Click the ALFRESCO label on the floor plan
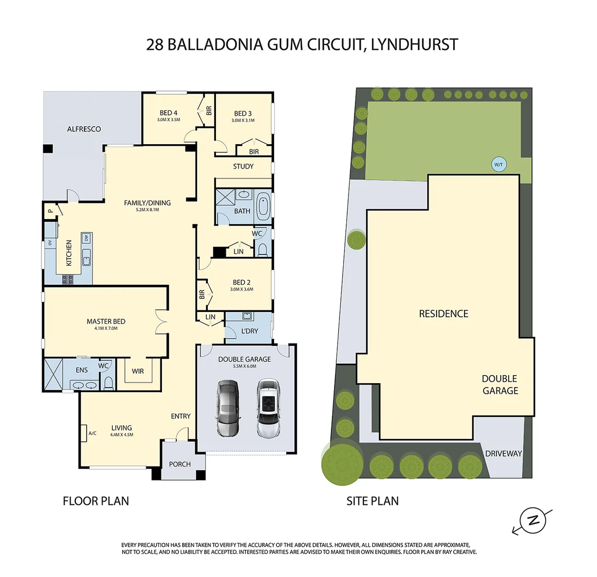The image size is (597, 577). pyautogui.click(x=84, y=129)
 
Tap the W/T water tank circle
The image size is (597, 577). pyautogui.click(x=498, y=165)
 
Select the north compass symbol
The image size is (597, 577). pyautogui.click(x=533, y=521)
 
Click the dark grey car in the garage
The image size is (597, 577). pyautogui.click(x=228, y=408)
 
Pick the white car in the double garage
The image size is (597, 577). pyautogui.click(x=268, y=408)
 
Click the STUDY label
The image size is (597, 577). pyautogui.click(x=243, y=166)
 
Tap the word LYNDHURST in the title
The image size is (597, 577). pyautogui.click(x=414, y=44)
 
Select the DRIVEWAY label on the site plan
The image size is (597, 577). pyautogui.click(x=503, y=454)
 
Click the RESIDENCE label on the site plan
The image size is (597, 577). pyautogui.click(x=444, y=314)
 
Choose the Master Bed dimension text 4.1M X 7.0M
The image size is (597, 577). pyautogui.click(x=106, y=328)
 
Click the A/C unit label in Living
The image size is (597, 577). pyautogui.click(x=92, y=433)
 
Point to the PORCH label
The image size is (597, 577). pyautogui.click(x=180, y=464)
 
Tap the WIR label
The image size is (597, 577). pyautogui.click(x=138, y=371)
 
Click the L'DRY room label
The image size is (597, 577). pyautogui.click(x=250, y=331)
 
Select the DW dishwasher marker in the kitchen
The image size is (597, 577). pyautogui.click(x=87, y=238)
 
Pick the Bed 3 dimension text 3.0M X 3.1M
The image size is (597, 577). pyautogui.click(x=243, y=120)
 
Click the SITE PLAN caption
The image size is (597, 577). pyautogui.click(x=373, y=501)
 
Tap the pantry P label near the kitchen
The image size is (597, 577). pyautogui.click(x=50, y=211)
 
